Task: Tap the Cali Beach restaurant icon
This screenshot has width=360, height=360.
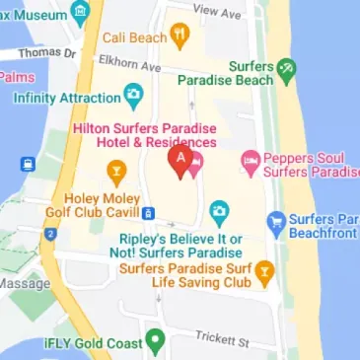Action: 180,36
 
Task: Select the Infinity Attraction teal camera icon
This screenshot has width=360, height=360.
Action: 132,97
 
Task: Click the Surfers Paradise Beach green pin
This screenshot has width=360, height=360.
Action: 286,69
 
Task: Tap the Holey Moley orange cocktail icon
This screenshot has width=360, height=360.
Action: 115,175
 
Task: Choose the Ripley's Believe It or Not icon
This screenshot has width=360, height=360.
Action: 219,211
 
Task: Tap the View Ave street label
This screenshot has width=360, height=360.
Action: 218,11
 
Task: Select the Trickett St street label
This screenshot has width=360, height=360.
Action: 223,341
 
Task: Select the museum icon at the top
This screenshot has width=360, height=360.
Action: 80,12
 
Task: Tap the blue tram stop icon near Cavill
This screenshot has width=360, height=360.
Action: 148,213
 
